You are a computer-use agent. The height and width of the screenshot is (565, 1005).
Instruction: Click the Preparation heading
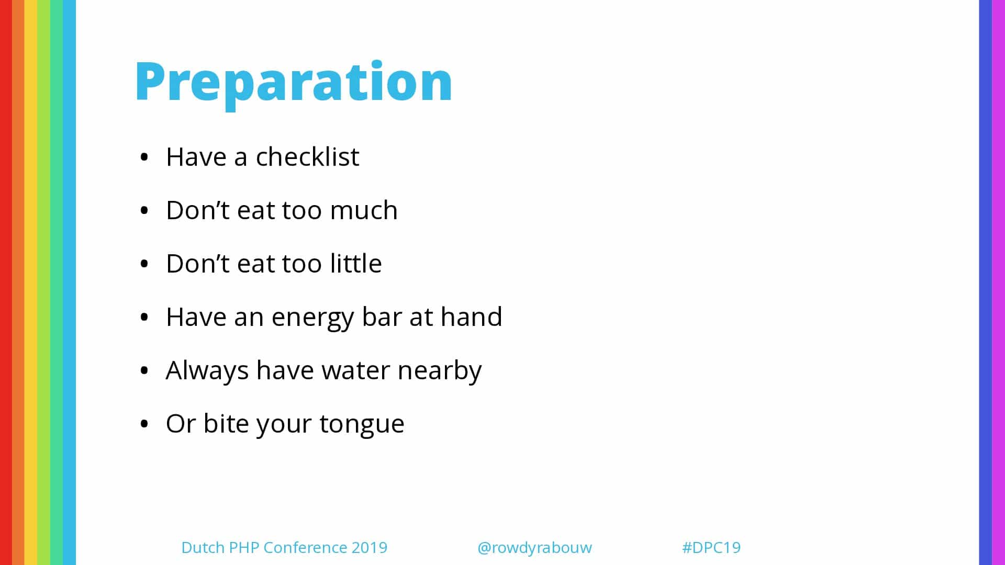tap(294, 83)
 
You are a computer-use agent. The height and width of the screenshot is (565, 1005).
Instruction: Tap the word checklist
tap(307, 156)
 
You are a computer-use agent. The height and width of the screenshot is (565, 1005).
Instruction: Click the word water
tap(355, 371)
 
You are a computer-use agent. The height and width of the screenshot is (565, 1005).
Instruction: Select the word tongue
tap(362, 425)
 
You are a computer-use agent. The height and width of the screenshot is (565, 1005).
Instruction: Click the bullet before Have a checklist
tap(144, 157)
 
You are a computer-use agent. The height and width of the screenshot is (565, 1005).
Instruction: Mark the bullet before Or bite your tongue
tap(144, 424)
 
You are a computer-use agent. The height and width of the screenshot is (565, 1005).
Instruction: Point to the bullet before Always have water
tap(144, 370)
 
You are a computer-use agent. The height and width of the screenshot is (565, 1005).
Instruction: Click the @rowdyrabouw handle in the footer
tap(534, 548)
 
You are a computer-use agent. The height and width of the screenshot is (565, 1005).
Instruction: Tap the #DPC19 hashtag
tap(711, 547)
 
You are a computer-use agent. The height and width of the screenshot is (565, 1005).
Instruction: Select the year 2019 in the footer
tap(370, 547)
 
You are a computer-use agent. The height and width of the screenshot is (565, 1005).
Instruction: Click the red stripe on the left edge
tap(6, 282)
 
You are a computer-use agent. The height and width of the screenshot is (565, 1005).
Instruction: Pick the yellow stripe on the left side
tap(31, 282)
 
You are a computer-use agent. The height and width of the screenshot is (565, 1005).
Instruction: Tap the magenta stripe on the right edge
tap(998, 282)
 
